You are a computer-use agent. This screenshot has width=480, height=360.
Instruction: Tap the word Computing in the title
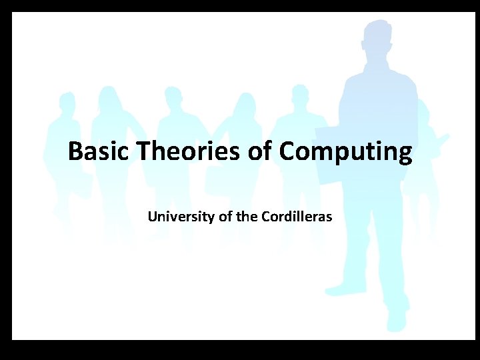[x=346, y=153]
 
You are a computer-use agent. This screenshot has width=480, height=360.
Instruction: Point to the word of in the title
[x=261, y=152]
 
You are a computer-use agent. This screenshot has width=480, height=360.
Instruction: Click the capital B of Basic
[x=75, y=152]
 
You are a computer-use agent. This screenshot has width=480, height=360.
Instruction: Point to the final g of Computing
[x=405, y=155]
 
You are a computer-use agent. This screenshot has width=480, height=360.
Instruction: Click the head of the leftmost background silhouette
[x=67, y=102]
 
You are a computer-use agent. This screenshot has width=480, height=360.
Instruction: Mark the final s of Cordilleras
[x=329, y=217]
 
